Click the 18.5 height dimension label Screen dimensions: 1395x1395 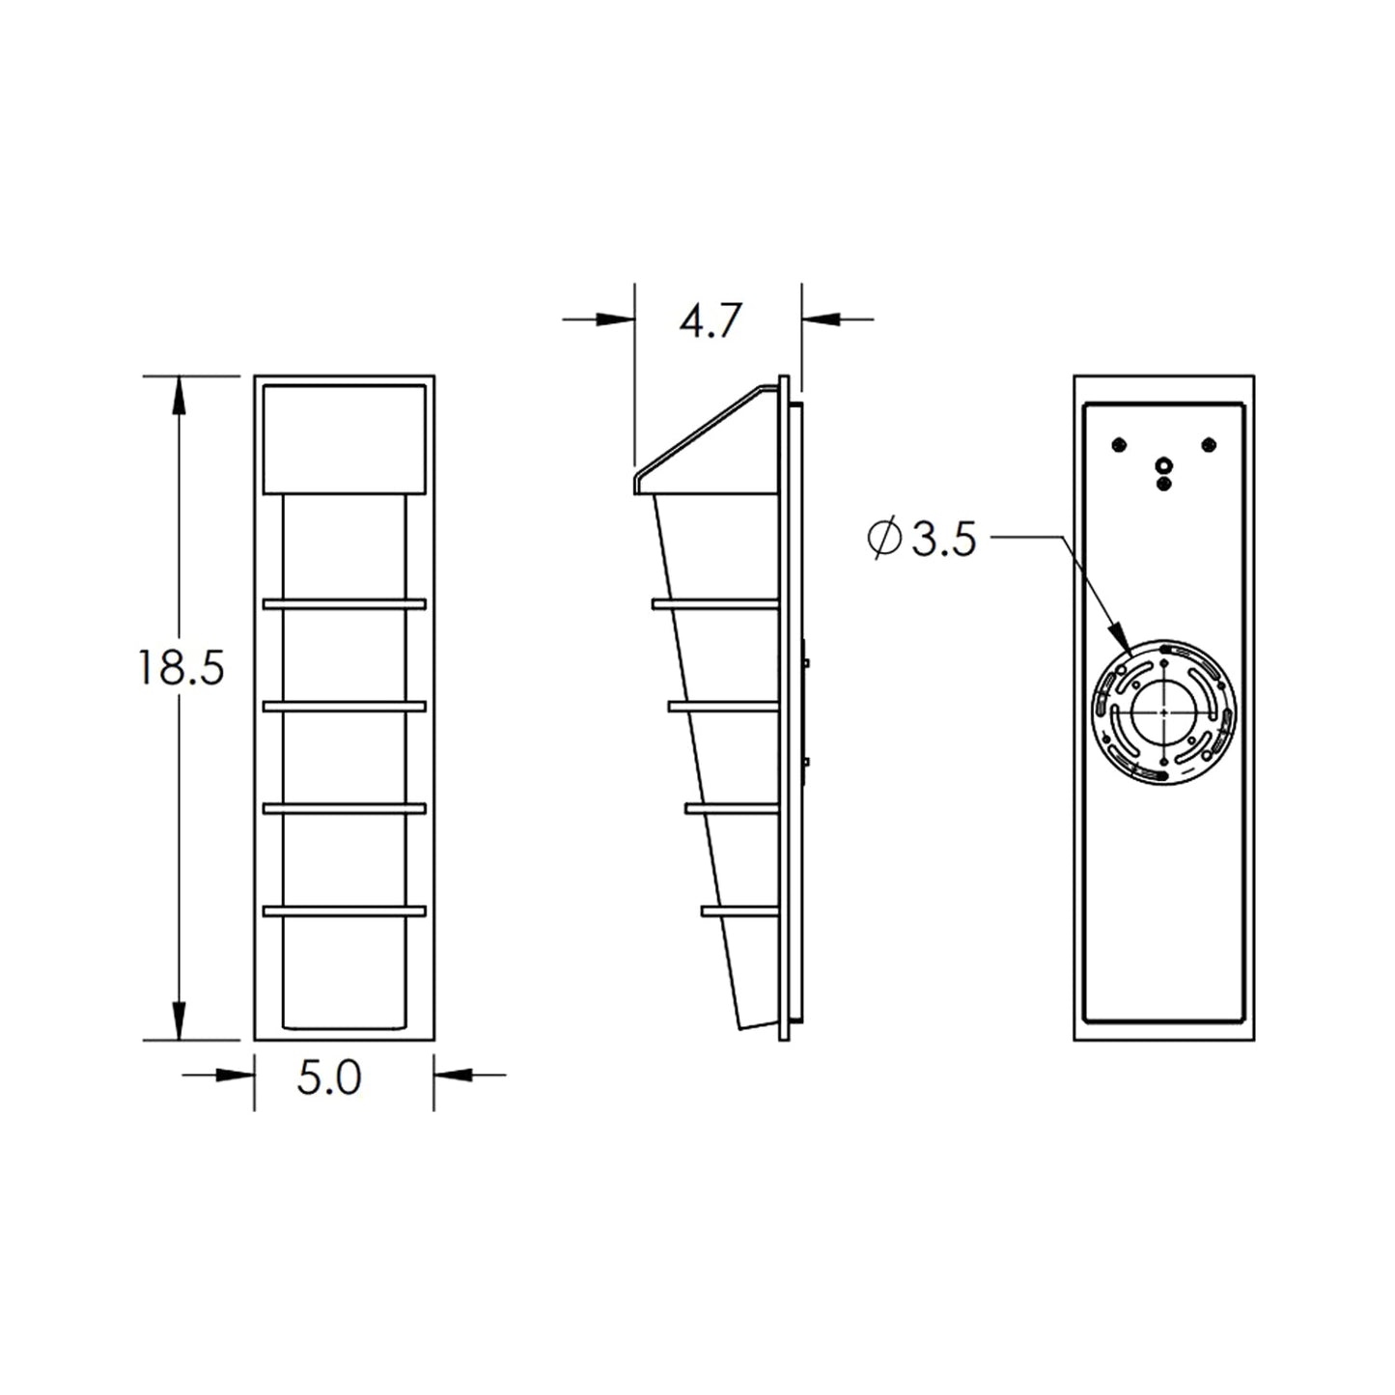click(181, 667)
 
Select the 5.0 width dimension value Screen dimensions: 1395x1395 click(329, 1078)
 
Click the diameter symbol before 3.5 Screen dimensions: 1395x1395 click(884, 541)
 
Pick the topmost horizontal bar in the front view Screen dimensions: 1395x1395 click(344, 603)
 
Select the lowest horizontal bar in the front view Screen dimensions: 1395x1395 click(344, 909)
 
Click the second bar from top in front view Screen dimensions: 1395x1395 click(344, 706)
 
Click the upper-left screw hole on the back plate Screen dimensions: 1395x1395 click(1119, 444)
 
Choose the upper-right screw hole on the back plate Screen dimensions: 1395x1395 click(1209, 444)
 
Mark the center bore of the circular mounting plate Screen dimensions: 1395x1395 click(1165, 711)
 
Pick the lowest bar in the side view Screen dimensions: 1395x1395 click(739, 909)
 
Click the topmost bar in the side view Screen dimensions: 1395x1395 click(715, 603)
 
